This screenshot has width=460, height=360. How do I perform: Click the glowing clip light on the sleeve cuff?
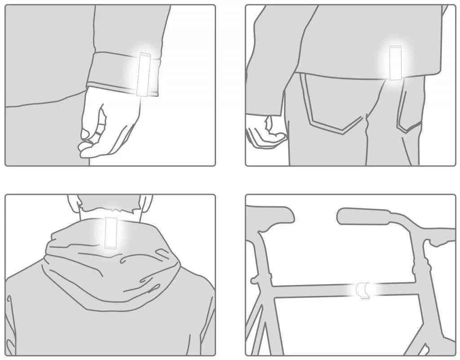click(145, 74)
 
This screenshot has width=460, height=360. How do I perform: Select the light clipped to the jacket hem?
click(395, 63)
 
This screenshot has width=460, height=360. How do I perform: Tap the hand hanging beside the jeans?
click(265, 130)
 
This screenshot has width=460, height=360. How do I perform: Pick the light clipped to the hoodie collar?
click(111, 233)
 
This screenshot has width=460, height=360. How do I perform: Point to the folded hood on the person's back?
click(112, 265)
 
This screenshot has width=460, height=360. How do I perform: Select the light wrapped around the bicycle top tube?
click(363, 290)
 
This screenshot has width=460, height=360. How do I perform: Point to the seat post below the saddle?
click(262, 245)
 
